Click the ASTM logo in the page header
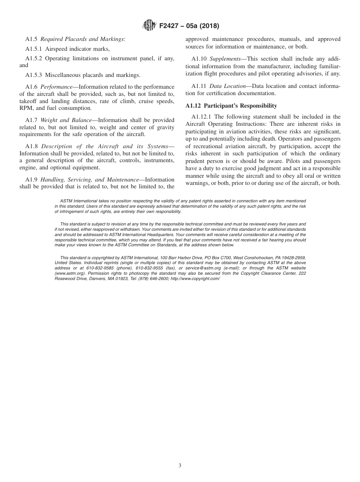pyautogui.click(x=149, y=26)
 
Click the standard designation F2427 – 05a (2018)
pyautogui.click(x=189, y=26)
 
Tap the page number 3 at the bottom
pyautogui.click(x=180, y=466)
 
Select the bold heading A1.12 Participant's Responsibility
pyautogui.click(x=231, y=106)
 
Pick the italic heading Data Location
pyautogui.click(x=227, y=86)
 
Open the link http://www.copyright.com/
pyautogui.click(x=195, y=279)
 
